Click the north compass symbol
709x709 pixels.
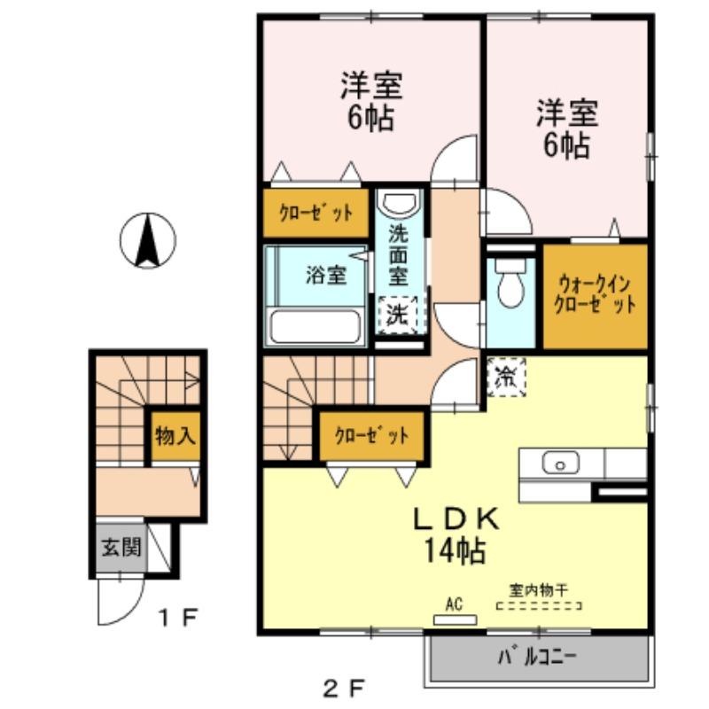click(147, 240)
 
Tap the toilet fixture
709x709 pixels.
click(511, 282)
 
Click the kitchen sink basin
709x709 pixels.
click(560, 463)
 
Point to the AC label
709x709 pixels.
click(454, 604)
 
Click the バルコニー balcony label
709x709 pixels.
click(537, 657)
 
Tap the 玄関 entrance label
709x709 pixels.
click(121, 547)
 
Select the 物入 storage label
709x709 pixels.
click(175, 436)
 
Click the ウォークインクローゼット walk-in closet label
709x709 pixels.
click(595, 295)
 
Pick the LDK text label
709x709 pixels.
click(456, 518)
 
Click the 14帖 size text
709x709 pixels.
click(455, 550)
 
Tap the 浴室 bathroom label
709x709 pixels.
click(326, 275)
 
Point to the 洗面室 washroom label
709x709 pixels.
click(398, 255)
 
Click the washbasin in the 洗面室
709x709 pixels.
click(399, 202)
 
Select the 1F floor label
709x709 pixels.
click(177, 618)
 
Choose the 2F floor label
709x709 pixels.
click(344, 689)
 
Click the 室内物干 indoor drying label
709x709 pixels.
click(539, 589)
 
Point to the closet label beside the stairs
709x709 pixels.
click(371, 435)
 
